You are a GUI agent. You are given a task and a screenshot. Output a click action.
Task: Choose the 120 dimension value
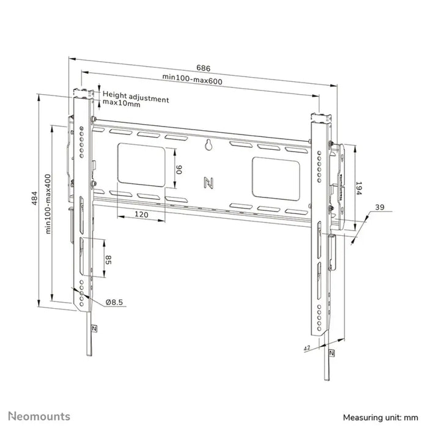click(141, 215)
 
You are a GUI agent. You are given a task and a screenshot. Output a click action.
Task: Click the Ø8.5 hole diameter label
click(116, 301)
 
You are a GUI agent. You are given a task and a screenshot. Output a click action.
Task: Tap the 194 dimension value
click(359, 188)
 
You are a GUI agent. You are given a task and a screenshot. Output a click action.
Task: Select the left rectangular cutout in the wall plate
click(141, 163)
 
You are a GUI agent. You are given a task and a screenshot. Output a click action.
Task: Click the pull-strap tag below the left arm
click(94, 327)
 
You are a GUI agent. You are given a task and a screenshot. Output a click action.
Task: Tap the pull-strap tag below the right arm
click(331, 353)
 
